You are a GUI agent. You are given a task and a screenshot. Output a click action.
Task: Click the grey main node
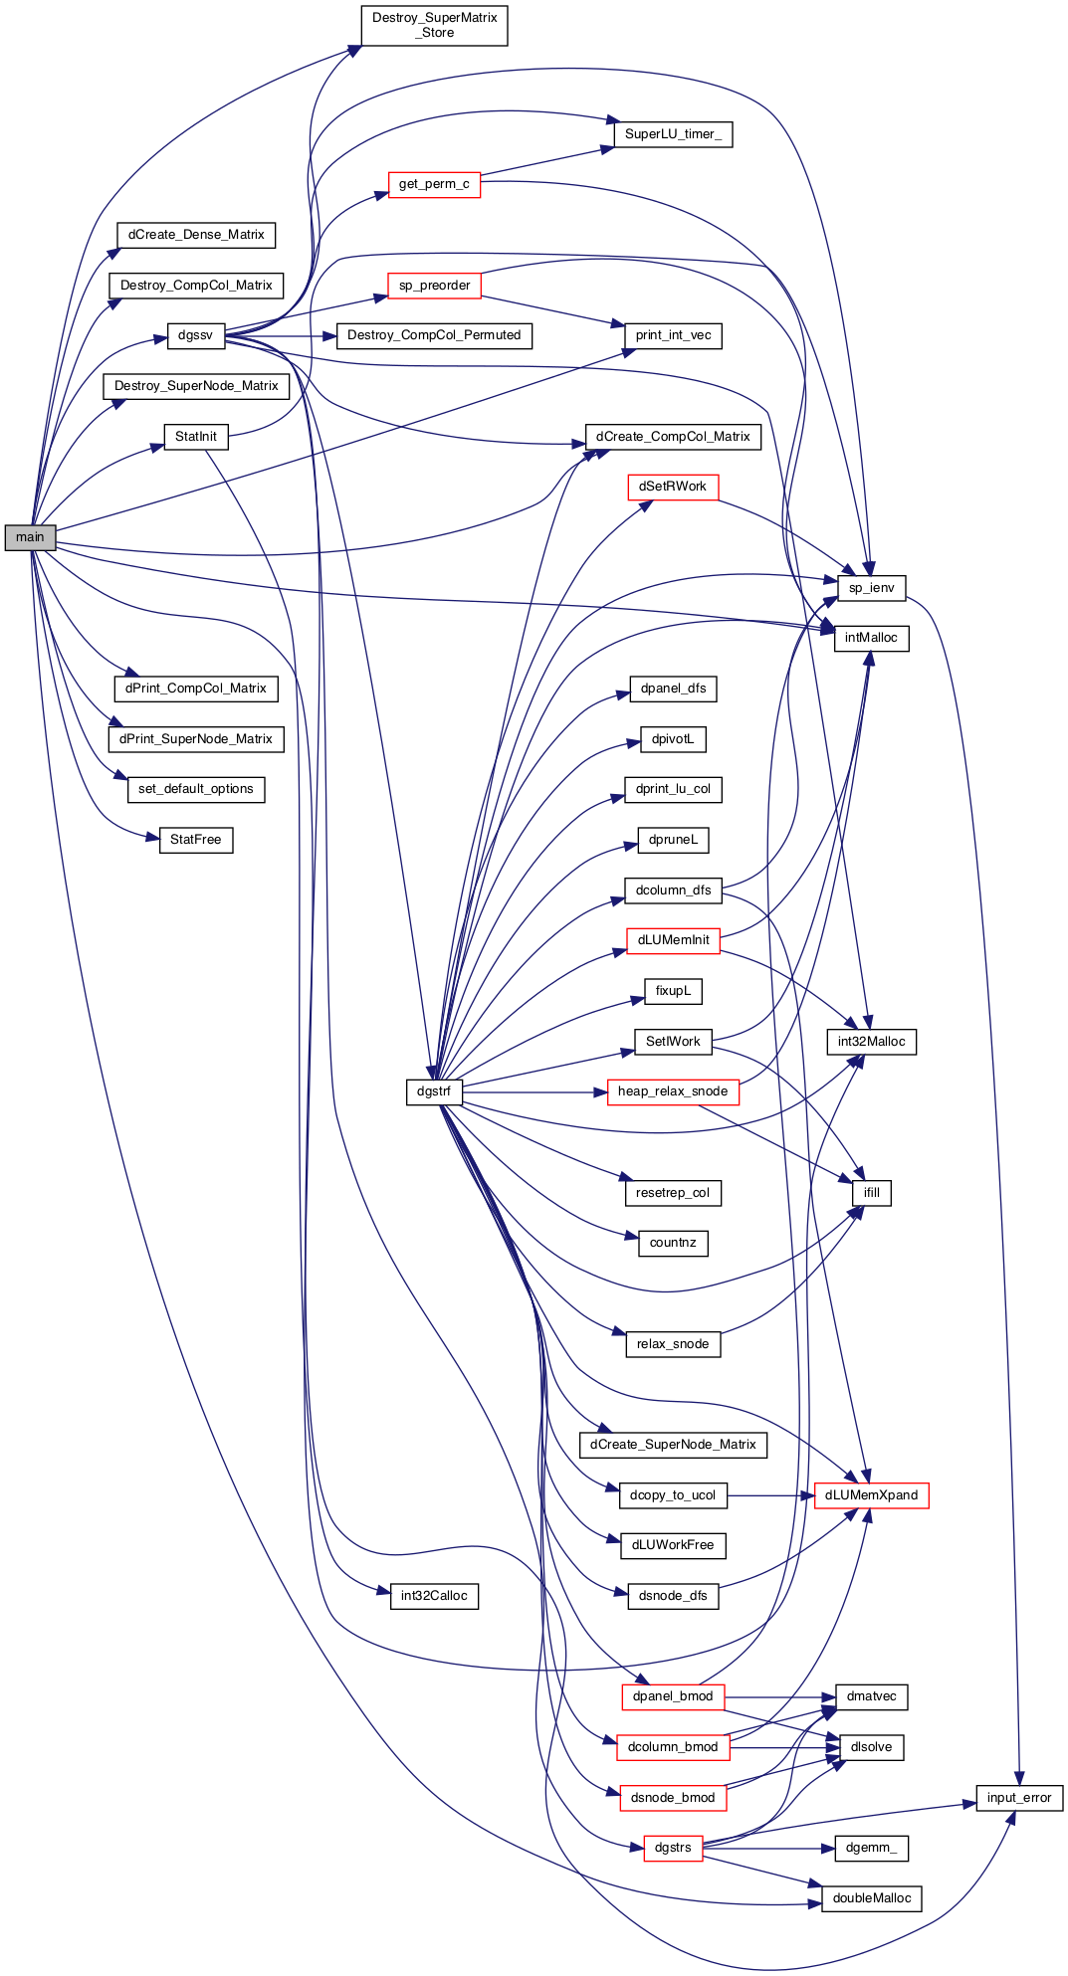30,537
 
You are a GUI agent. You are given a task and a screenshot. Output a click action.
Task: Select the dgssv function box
195,335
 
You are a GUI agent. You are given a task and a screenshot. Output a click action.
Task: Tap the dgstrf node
434,1091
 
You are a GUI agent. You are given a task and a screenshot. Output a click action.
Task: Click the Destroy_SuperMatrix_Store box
434,25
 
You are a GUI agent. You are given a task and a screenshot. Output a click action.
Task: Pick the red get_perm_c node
434,184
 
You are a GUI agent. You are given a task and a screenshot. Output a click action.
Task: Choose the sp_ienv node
872,588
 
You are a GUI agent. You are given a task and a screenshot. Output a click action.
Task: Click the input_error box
1019,1798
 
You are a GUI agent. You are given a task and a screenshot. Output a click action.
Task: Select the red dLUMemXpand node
872,1495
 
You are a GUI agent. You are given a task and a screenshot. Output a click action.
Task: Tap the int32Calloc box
434,1596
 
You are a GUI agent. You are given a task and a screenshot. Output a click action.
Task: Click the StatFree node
196,840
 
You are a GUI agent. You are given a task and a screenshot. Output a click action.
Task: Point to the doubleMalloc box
872,1898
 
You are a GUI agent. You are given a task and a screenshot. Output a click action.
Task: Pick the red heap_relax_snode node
673,1091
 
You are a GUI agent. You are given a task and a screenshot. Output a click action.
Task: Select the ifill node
872,1193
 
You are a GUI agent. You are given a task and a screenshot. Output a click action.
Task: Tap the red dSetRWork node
673,487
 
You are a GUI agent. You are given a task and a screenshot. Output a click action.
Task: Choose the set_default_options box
196,789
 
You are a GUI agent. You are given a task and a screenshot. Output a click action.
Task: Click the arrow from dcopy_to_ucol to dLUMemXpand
771,1495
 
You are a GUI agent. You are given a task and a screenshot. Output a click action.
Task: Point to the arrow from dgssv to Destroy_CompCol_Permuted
281,336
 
